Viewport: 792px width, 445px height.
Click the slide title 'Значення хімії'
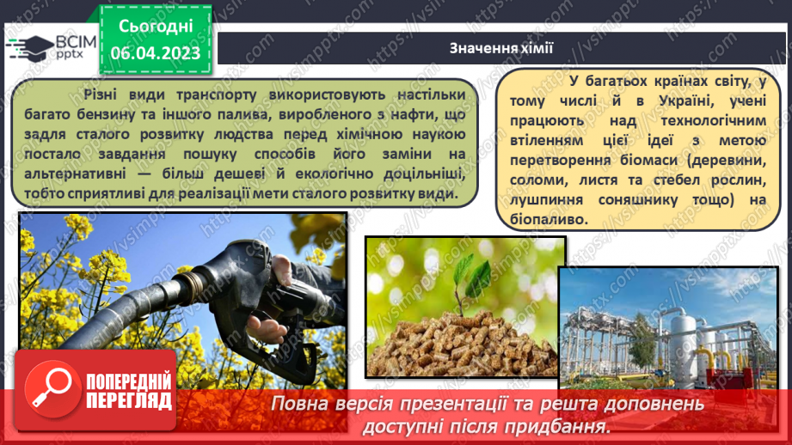coord(500,48)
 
